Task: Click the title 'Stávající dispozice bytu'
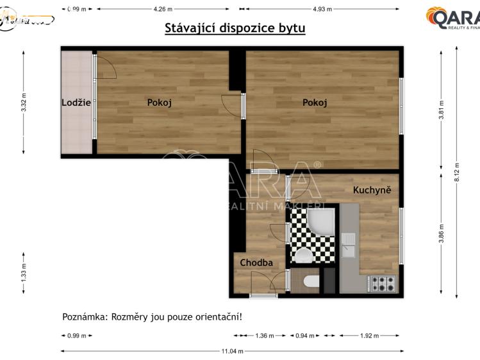tap(235, 28)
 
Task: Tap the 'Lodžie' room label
tap(76, 102)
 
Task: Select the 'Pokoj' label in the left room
tap(160, 102)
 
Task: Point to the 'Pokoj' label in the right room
tap(315, 102)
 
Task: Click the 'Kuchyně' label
tap(372, 190)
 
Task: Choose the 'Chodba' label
tap(256, 263)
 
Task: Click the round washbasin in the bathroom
tap(303, 257)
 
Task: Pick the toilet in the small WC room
tap(311, 281)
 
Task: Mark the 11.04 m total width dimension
tap(232, 351)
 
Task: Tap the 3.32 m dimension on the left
tap(24, 103)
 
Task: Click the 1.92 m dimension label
tap(369, 336)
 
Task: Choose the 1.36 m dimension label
tap(265, 336)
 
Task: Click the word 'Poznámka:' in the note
tap(85, 316)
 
